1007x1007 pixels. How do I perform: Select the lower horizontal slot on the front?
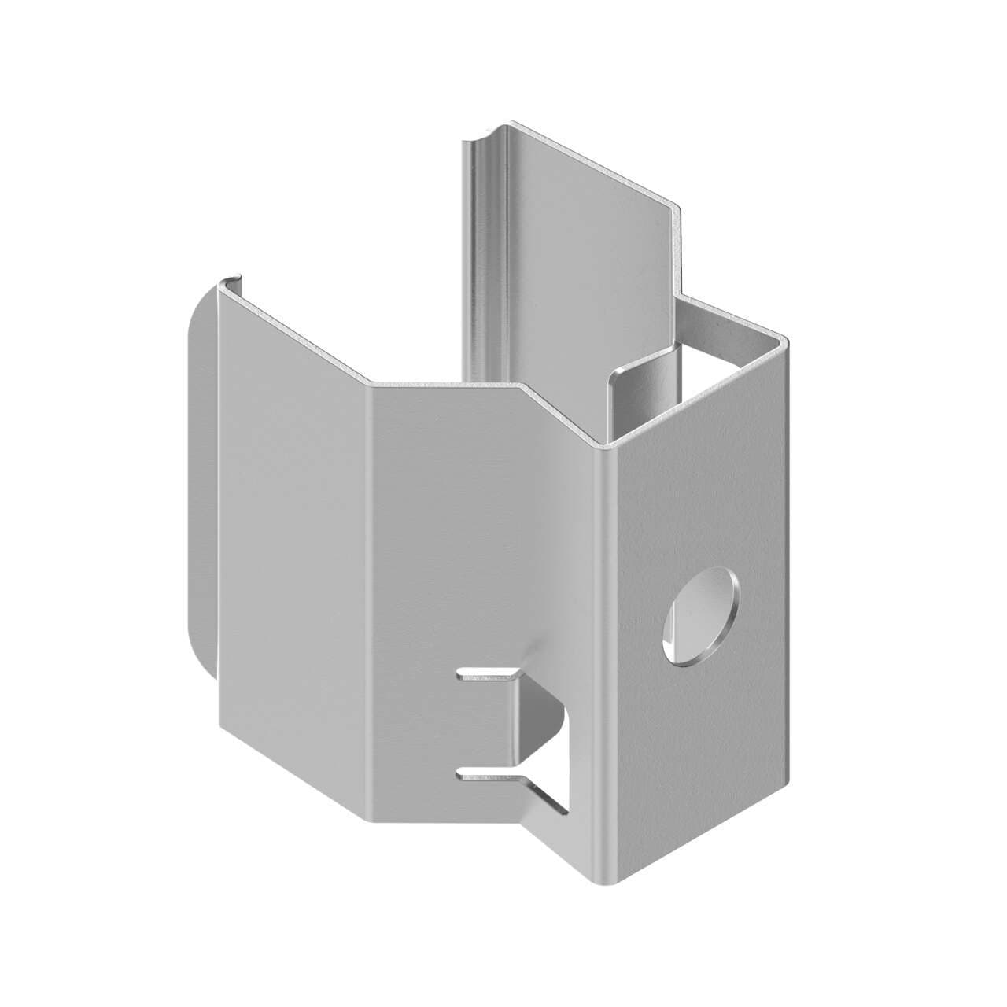click(x=488, y=776)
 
